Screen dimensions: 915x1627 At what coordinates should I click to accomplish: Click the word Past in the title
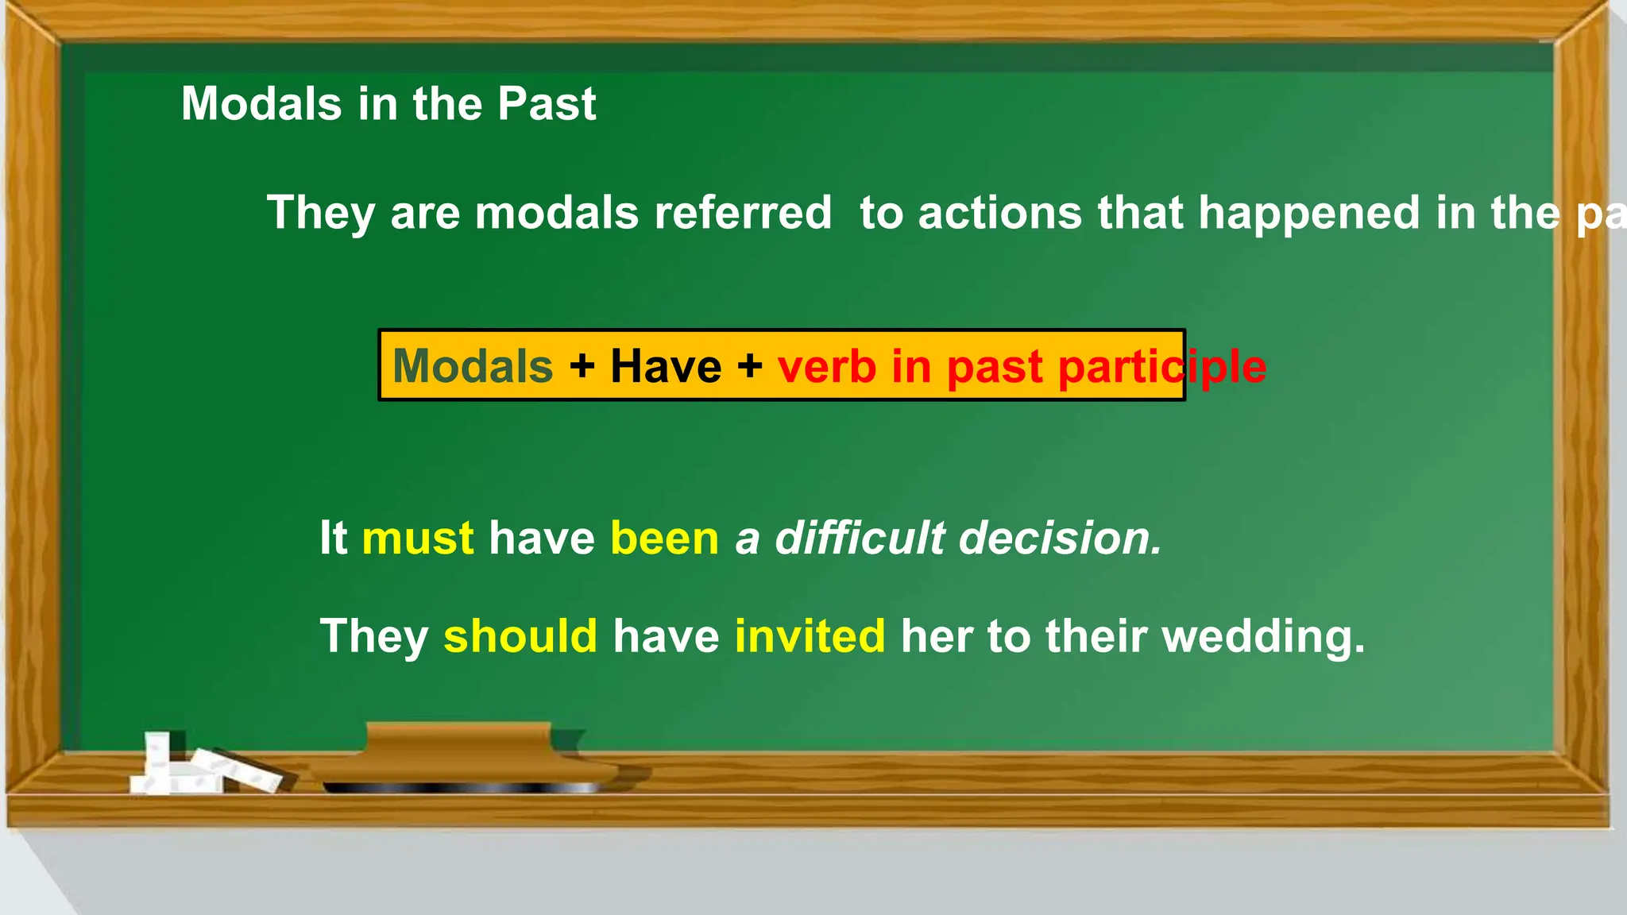(546, 104)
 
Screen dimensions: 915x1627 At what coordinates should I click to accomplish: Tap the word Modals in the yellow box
(473, 366)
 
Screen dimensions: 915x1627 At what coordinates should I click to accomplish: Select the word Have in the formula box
(666, 366)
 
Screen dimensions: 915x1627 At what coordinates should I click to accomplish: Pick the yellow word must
(418, 538)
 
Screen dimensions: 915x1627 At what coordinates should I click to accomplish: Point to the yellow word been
(664, 538)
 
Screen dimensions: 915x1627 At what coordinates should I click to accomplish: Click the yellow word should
(520, 636)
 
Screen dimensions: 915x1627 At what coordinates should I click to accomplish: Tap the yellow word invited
(810, 636)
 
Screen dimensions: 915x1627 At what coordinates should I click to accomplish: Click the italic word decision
(1061, 538)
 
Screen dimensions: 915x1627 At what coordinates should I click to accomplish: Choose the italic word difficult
(860, 538)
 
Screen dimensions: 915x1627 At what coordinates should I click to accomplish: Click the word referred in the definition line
(743, 213)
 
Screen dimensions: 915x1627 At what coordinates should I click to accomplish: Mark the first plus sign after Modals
(582, 366)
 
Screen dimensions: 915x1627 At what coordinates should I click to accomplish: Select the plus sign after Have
(749, 366)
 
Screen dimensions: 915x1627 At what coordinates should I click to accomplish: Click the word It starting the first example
(333, 538)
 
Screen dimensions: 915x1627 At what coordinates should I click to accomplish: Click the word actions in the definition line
(999, 213)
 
